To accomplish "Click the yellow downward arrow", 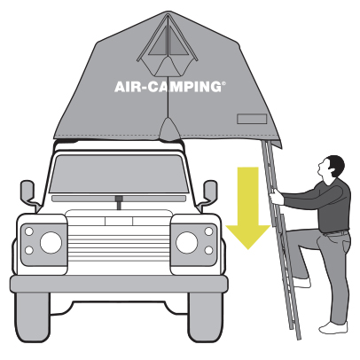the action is (248, 207).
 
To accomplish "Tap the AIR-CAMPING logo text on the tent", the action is (169, 87).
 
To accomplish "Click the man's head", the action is (332, 168).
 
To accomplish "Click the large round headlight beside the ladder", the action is (186, 242).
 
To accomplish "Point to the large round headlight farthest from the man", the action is (51, 242).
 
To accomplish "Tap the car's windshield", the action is (119, 174).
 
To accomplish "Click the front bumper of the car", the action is (119, 284).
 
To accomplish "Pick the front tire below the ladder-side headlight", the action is (204, 317).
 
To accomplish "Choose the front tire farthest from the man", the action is (33, 317).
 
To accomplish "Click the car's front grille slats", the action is (119, 241).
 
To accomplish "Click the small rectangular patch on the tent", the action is (252, 119).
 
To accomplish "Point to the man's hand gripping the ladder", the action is (276, 197).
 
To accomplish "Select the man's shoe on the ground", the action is (333, 327).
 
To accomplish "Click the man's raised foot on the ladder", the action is (301, 283).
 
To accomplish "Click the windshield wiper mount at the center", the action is (119, 202).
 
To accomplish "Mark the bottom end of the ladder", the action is (299, 338).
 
